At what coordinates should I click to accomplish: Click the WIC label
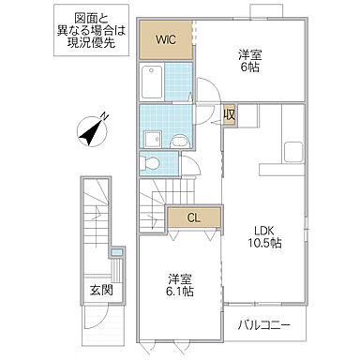click(165, 39)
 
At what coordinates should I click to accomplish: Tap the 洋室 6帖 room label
click(248, 61)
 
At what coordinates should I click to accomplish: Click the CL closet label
click(194, 217)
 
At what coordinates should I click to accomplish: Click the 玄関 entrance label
click(101, 291)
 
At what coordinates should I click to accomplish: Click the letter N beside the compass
click(106, 116)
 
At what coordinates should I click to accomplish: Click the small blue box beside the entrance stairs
click(115, 252)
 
